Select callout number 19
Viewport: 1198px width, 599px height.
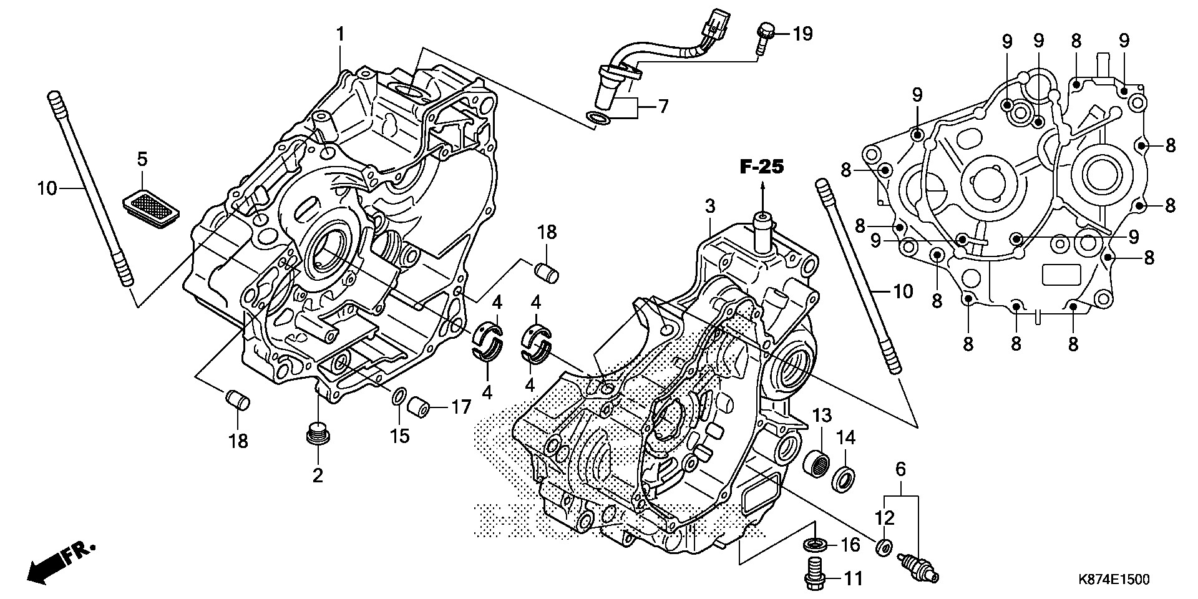click(x=802, y=33)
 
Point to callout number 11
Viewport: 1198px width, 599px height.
click(x=853, y=579)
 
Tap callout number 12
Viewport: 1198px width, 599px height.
click(x=885, y=518)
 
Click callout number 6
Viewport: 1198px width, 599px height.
click(x=900, y=469)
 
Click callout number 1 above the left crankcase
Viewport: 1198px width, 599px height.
click(x=340, y=35)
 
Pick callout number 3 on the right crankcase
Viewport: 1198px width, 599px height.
click(x=710, y=207)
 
